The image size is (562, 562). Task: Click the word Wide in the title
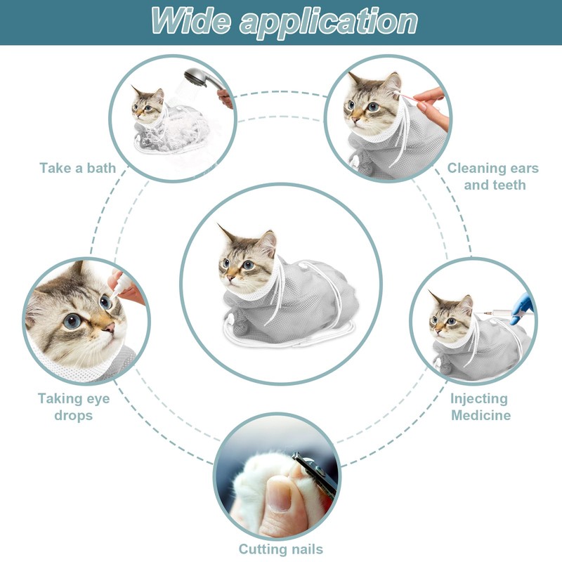coord(190,20)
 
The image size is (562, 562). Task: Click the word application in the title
coord(328,21)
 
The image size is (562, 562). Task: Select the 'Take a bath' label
coord(77,168)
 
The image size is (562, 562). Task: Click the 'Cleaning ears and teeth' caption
coord(492,176)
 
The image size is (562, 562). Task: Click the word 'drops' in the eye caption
coord(73,415)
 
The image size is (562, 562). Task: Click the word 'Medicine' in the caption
coord(481,415)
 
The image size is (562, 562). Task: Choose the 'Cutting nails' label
coord(280,549)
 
